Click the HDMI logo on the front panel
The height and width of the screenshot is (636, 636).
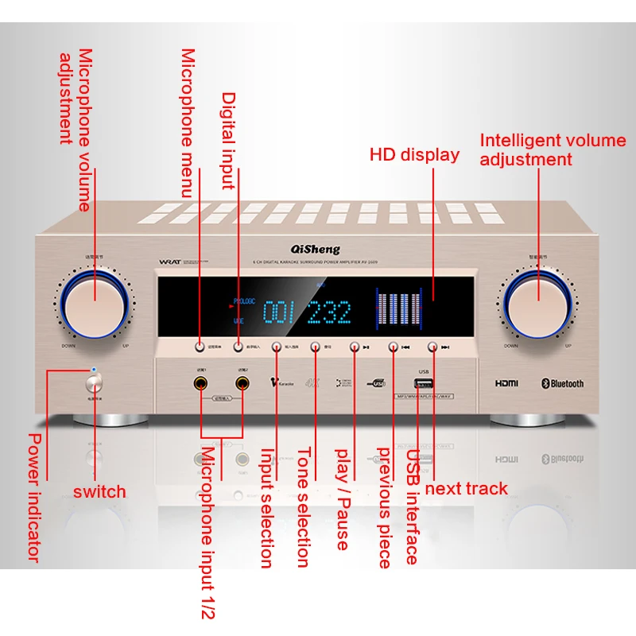506,383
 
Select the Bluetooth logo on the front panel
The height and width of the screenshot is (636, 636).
562,383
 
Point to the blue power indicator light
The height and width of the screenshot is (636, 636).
95,370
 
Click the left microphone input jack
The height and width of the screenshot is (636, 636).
202,387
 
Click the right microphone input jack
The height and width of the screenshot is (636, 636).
242,387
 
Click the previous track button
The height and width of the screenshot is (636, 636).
393,347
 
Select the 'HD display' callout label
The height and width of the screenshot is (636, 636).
414,155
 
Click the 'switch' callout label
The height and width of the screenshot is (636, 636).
99,491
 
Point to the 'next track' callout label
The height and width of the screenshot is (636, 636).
466,488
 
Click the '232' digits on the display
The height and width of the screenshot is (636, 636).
328,313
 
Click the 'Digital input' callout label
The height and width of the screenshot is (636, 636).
228,141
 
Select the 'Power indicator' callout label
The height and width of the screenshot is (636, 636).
34,497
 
